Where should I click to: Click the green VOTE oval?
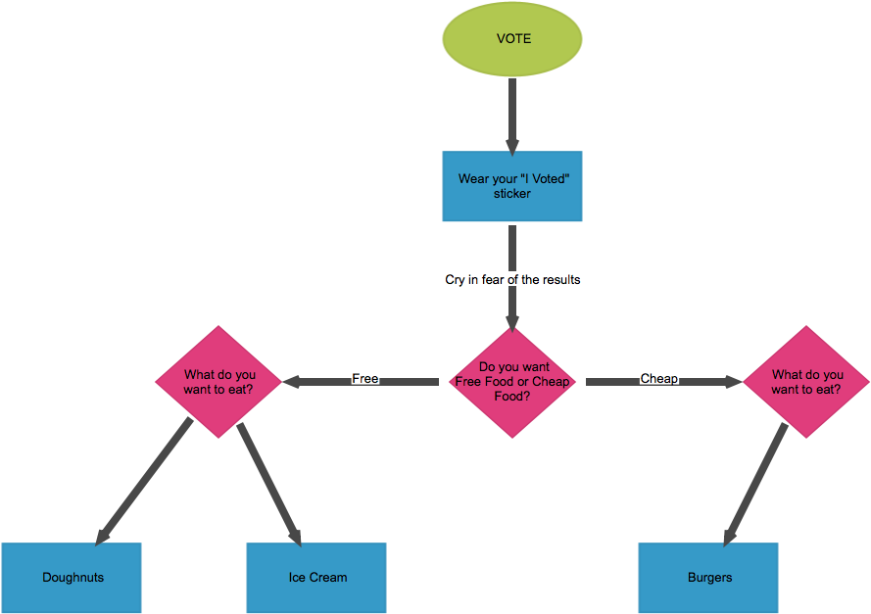(512, 39)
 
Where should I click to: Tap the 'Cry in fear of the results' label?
(512, 279)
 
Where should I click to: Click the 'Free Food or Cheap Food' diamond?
(512, 382)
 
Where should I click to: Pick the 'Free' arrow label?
(364, 378)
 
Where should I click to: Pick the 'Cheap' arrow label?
(658, 378)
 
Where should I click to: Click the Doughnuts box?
(72, 578)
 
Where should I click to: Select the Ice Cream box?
(316, 578)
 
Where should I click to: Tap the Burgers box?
(708, 578)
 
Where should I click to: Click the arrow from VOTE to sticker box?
(511, 113)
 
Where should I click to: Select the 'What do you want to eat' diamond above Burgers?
(806, 382)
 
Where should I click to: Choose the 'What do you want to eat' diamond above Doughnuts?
(218, 382)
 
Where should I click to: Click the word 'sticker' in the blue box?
(512, 194)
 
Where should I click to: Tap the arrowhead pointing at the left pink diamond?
(292, 381)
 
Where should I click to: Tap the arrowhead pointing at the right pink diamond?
(733, 381)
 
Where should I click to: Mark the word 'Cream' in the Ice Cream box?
(329, 578)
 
